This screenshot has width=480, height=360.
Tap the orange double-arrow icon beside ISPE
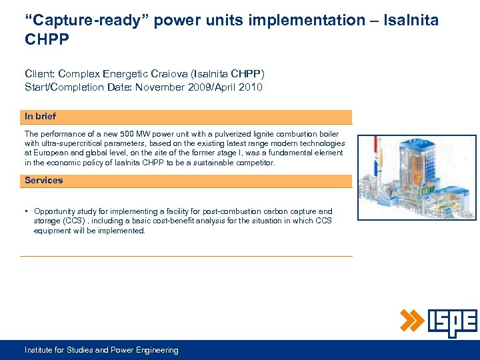412,321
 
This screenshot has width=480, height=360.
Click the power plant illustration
417,177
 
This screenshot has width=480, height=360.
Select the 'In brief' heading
40,117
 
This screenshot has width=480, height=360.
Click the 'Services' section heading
43,181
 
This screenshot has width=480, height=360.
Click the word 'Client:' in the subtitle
39,74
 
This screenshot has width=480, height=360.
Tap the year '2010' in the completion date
249,87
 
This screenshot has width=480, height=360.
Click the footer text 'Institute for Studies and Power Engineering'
101,350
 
